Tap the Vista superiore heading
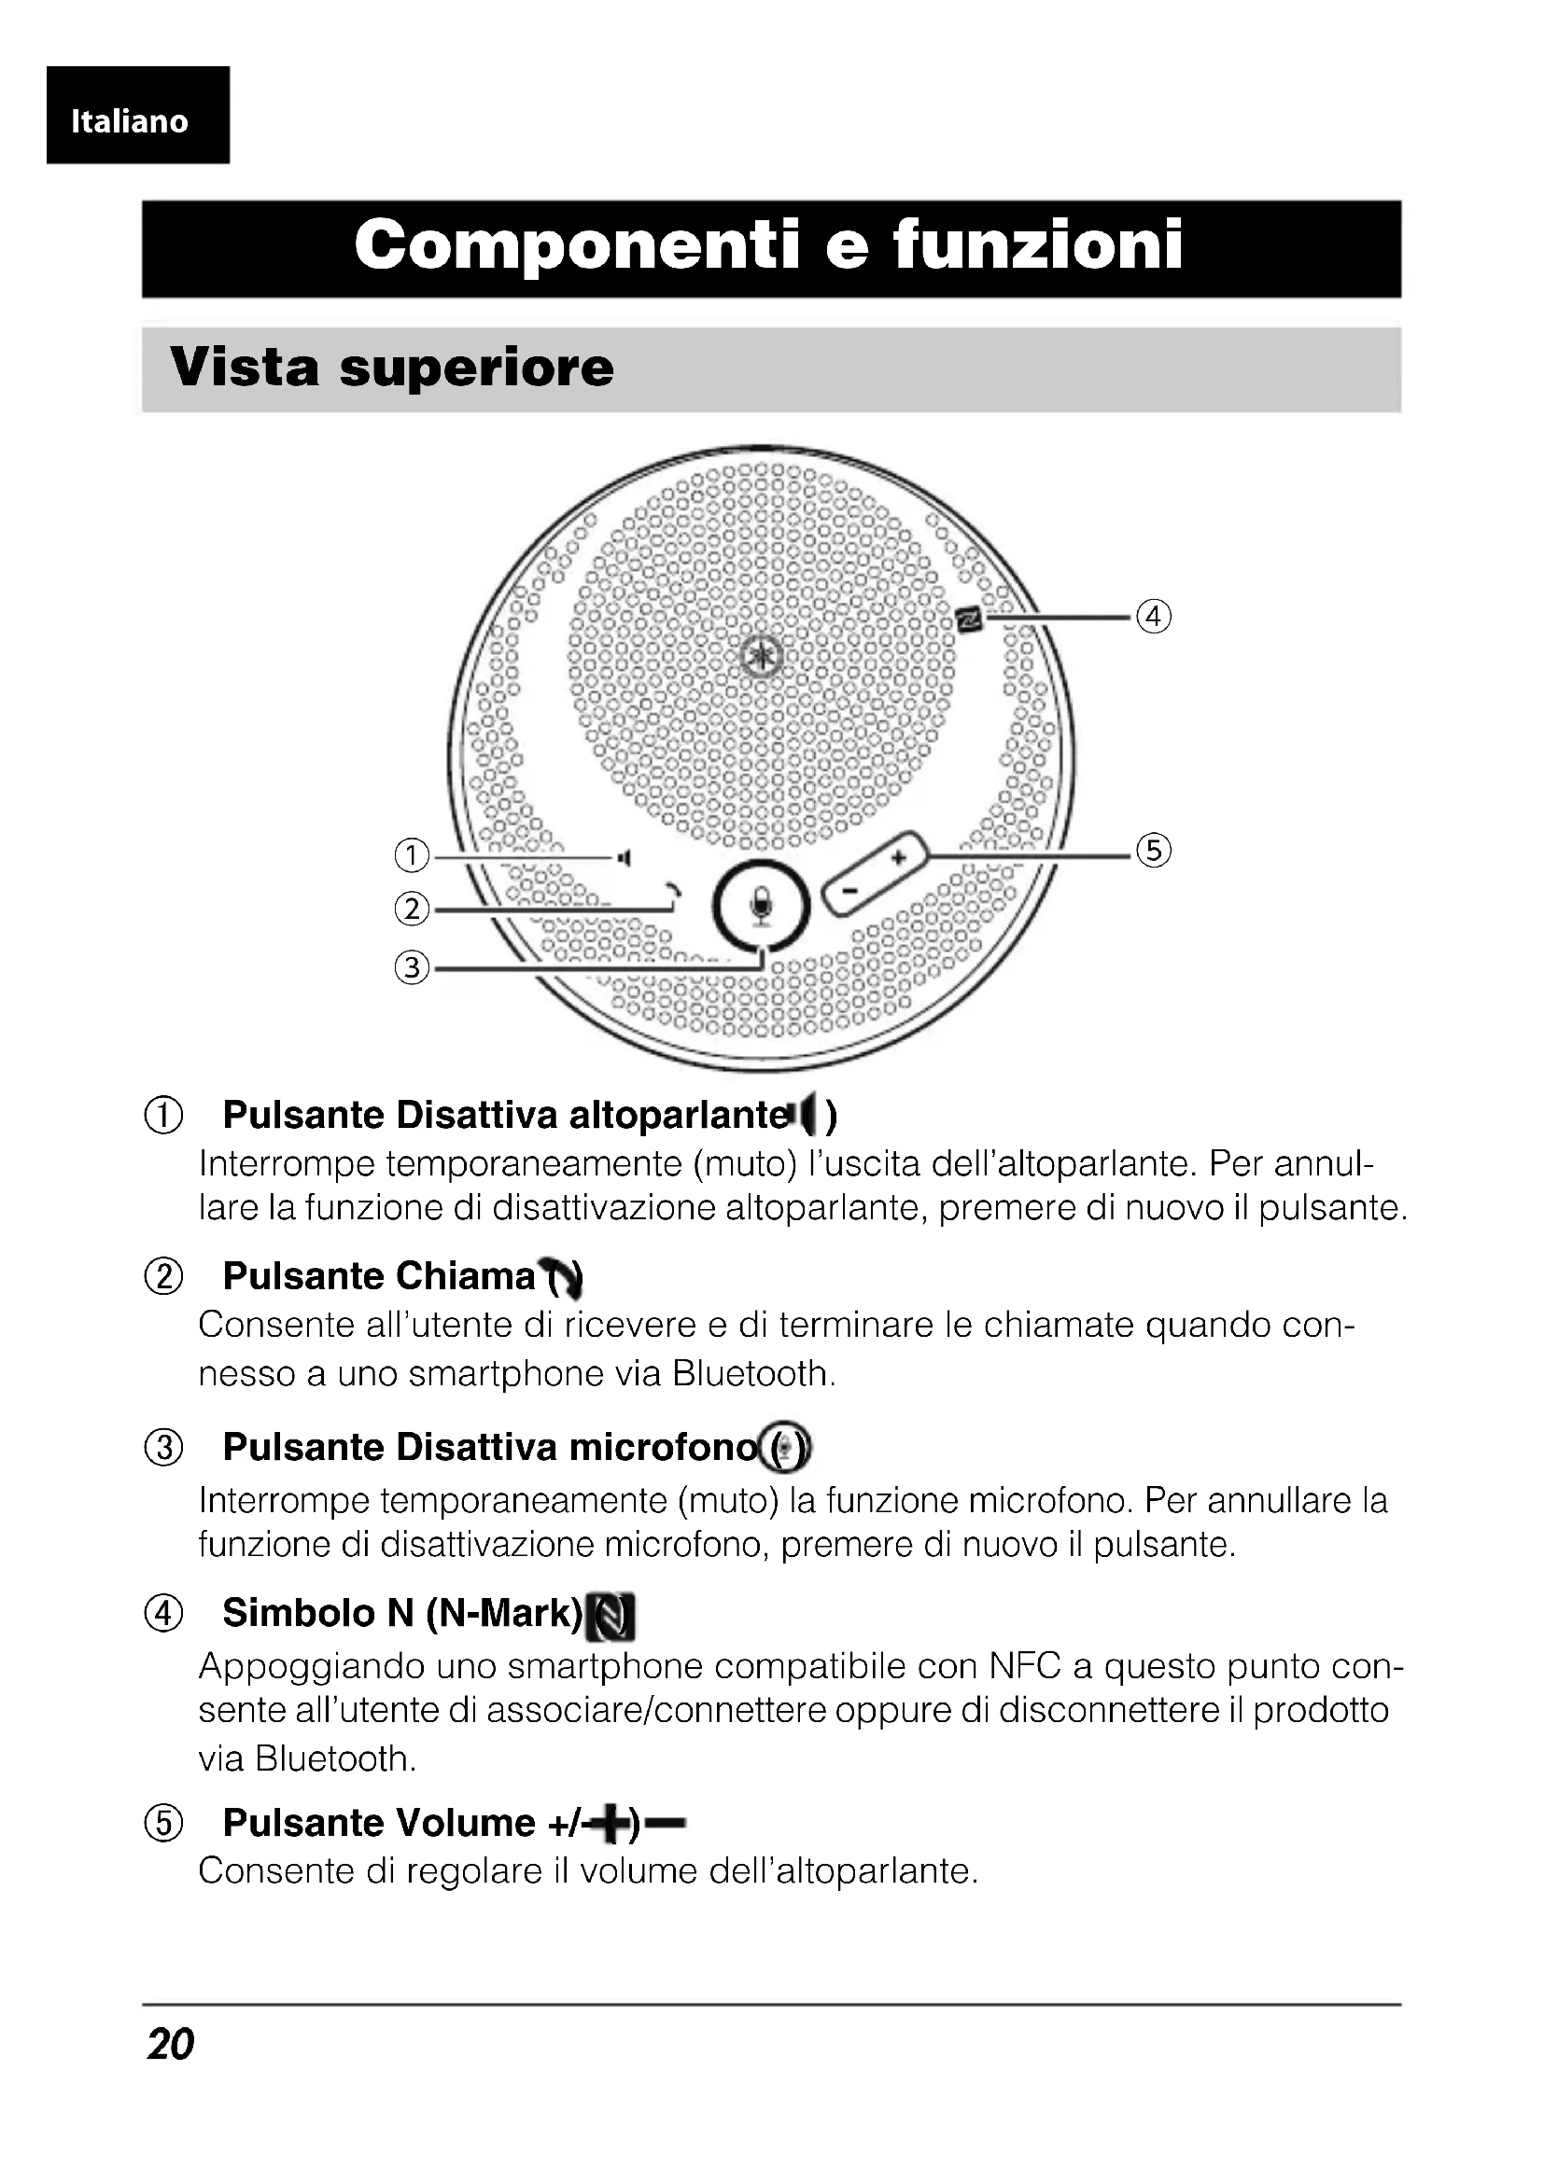[x=392, y=368]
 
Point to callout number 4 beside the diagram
[x=1153, y=617]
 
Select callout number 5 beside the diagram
[x=1153, y=850]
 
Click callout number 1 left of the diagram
[x=411, y=855]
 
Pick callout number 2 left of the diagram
[x=411, y=909]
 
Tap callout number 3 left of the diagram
[x=411, y=967]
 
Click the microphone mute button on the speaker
[x=761, y=906]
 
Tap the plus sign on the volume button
[x=897, y=857]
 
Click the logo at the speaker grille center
[x=761, y=656]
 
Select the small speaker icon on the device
[x=624, y=858]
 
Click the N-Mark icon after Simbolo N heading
[x=610, y=1617]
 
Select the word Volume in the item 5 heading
[x=465, y=1823]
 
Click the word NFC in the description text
[x=1024, y=1666]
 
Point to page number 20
[x=170, y=2044]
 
